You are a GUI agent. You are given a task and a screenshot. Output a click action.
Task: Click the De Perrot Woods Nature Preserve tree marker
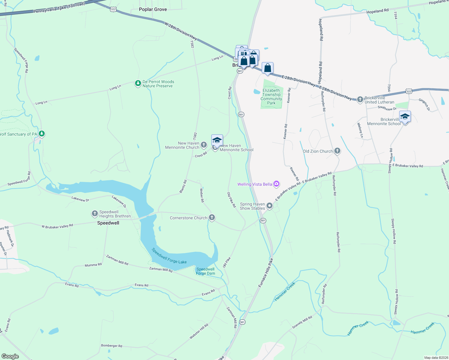[x=138, y=83]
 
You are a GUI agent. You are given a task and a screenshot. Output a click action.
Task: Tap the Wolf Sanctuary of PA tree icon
[x=42, y=133]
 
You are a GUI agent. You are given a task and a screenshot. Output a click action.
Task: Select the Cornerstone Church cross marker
[x=212, y=217]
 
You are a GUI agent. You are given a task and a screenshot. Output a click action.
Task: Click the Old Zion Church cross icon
[x=337, y=151]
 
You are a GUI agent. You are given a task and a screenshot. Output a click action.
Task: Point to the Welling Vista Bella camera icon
[x=276, y=184]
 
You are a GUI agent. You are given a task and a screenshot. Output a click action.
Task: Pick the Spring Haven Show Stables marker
[x=270, y=206]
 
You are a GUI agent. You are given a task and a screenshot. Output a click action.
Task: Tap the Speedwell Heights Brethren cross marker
[x=95, y=214]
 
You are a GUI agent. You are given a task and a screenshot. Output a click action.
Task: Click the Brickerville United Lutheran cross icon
[x=360, y=99]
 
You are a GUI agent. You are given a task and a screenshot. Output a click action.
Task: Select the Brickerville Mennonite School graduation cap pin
[x=405, y=117]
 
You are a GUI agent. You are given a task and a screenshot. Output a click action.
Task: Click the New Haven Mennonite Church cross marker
[x=204, y=145]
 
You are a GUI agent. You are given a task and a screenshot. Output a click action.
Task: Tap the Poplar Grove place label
[x=153, y=9]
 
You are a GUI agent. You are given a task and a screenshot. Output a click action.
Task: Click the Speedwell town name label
[x=108, y=223]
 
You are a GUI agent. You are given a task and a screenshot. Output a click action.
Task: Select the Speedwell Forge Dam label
[x=205, y=271]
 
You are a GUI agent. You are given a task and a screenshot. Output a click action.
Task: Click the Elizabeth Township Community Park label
[x=271, y=97]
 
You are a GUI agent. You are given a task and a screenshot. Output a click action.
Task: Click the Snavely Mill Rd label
[x=302, y=322]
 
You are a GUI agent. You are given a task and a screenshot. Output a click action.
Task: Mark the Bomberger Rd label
[x=112, y=346]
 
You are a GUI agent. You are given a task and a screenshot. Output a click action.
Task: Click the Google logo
[x=10, y=356]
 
